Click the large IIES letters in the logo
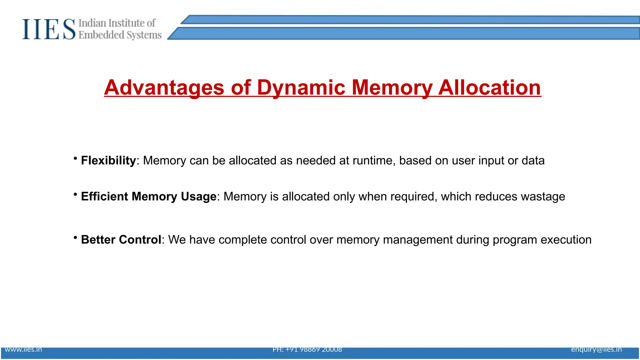coord(49,29)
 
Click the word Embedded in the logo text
coord(101,35)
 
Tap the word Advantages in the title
coord(164,87)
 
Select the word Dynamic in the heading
coord(301,87)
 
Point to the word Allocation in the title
coord(489,87)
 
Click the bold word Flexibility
coord(108,161)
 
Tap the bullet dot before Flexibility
coord(75,158)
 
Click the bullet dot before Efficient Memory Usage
coord(75,194)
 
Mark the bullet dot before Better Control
coord(75,237)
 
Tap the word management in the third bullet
coord(417,240)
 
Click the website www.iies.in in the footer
coord(23,349)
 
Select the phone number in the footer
coord(307,349)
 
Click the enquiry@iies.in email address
coord(596,349)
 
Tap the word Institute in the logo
coord(126,23)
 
